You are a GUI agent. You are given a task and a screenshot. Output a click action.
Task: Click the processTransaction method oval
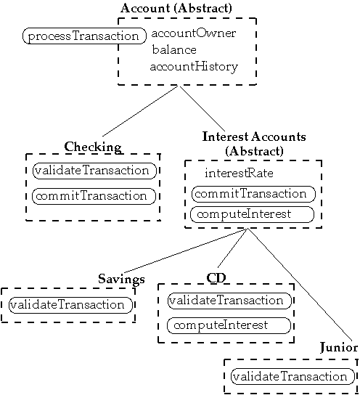tap(84, 36)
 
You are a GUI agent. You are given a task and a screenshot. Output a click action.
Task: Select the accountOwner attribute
tap(194, 33)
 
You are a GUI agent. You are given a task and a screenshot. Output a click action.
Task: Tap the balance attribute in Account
tap(174, 49)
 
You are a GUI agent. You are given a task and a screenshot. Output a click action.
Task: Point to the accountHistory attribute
tap(194, 67)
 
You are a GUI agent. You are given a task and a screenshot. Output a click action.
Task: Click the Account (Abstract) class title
tap(176, 8)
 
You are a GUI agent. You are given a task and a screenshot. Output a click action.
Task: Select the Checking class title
tap(93, 147)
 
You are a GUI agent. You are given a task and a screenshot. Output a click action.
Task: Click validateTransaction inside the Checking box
tap(94, 171)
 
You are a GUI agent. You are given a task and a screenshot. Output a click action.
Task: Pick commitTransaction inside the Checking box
tap(94, 196)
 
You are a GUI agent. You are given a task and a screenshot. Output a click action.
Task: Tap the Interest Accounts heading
tap(254, 144)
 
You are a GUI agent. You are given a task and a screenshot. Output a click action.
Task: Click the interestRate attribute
tap(239, 174)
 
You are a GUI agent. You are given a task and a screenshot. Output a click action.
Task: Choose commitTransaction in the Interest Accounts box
tap(253, 194)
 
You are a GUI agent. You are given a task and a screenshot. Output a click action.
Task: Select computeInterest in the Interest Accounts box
tap(252, 215)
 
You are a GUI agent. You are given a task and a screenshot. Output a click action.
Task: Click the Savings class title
tap(121, 279)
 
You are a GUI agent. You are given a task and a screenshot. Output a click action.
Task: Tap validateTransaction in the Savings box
tap(70, 305)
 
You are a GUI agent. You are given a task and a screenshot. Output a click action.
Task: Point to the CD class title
tap(216, 278)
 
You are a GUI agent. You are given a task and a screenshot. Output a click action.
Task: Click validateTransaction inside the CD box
tap(229, 301)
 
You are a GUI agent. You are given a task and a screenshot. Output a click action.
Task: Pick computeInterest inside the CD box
tap(229, 325)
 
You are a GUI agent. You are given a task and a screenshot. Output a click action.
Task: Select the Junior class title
tap(339, 348)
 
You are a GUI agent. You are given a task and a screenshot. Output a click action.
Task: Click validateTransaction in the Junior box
tap(292, 376)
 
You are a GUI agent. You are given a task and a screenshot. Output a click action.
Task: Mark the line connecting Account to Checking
tap(140, 111)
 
